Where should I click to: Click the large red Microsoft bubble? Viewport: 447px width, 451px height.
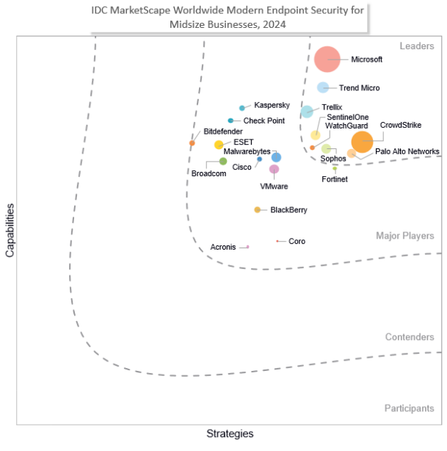pos(327,59)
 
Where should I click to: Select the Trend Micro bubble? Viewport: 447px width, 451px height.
pos(323,87)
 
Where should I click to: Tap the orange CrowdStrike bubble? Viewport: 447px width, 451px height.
pos(362,141)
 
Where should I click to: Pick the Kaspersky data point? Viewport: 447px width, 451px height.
pos(242,108)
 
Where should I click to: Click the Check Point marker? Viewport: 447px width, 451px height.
pos(230,120)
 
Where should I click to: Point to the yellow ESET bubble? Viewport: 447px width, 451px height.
pos(219,145)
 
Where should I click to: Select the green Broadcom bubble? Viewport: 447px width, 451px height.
pos(223,161)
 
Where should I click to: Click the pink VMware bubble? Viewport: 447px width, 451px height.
pos(274,169)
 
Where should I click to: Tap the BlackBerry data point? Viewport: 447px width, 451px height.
pos(257,210)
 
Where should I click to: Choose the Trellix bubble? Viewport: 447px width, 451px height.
pos(307,112)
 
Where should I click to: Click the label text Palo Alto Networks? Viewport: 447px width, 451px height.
pos(407,152)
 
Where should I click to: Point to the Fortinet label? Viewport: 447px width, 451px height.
pos(335,179)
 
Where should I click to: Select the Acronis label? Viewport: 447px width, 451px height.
pos(223,247)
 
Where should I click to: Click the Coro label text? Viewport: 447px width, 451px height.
pos(297,241)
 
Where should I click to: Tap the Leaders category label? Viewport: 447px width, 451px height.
pos(417,46)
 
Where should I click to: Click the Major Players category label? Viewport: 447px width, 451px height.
pos(405,236)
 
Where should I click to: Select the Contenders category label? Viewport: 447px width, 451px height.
pos(410,337)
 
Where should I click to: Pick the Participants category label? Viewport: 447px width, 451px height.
pos(409,408)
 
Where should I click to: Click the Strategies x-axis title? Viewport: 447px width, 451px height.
pos(230,433)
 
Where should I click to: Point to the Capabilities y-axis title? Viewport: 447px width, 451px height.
pos(10,231)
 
